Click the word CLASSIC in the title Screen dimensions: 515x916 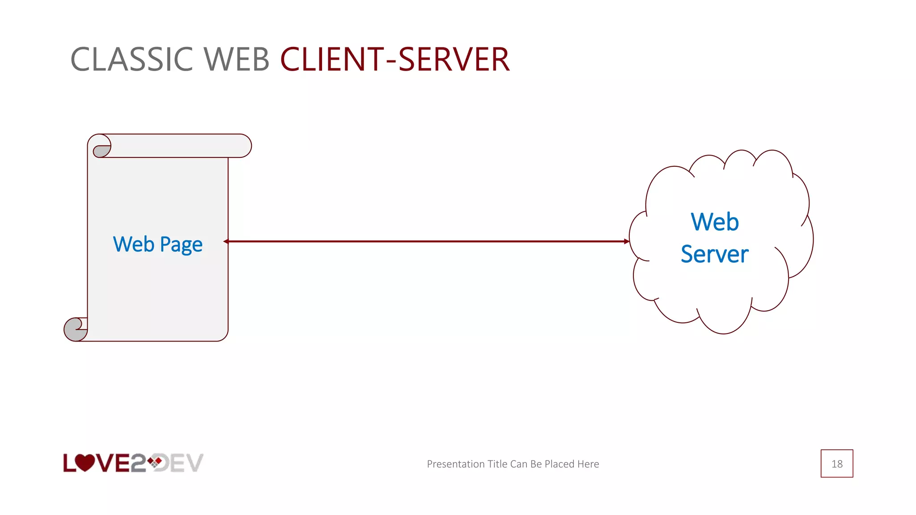[131, 59]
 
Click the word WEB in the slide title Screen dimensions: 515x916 [237, 59]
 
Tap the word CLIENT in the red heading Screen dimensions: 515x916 [332, 59]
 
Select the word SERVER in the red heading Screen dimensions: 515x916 [454, 59]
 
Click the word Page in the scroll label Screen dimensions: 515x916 [181, 245]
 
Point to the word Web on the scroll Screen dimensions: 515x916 [133, 244]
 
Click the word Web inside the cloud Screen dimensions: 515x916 [714, 222]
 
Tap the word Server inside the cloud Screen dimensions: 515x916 [714, 254]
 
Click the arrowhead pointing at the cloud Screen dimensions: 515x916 [626, 241]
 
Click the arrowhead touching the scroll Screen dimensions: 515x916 [226, 241]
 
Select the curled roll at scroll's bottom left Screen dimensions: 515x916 [75, 329]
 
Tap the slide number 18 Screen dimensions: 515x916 [836, 464]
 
